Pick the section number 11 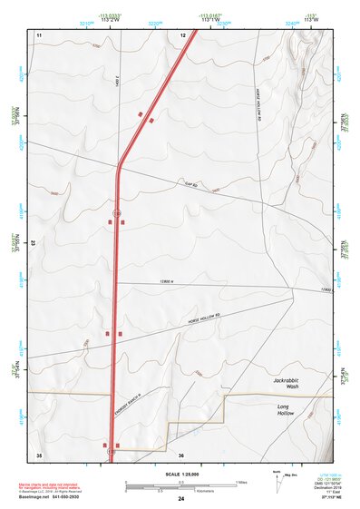pyautogui.click(x=39, y=34)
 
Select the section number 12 pyautogui.click(x=182, y=34)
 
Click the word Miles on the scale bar pyautogui.click(x=241, y=482)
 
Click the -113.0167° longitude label pyautogui.click(x=209, y=16)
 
